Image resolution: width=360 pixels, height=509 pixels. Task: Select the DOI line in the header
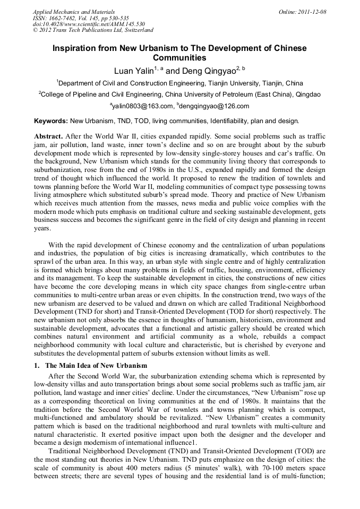(x=89, y=24)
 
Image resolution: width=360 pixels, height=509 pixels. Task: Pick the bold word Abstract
(x=50, y=136)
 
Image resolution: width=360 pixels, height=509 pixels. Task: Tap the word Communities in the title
(x=179, y=58)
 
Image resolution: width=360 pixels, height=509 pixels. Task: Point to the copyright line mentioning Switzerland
(x=93, y=30)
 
